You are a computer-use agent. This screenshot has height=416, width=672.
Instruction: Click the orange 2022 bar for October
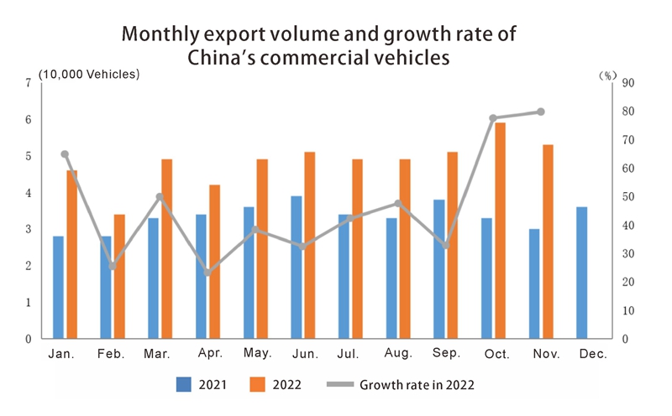500,231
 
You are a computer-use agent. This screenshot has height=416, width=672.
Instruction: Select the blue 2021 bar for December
581,273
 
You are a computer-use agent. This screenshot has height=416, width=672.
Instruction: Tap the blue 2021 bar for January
58,287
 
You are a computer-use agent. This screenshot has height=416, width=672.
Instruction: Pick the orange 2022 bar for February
119,277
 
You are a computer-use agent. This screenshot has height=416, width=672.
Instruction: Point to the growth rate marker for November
541,112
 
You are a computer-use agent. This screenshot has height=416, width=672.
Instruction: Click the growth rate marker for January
65,154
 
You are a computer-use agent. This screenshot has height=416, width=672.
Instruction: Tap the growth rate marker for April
207,273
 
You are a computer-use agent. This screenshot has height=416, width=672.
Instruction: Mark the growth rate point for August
398,203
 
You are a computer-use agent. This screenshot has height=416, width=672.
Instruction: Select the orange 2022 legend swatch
258,385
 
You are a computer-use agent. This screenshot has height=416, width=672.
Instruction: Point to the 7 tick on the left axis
29,83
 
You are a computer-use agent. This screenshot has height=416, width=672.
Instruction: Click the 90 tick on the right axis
627,83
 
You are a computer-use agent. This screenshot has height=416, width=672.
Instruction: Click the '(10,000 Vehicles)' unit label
89,74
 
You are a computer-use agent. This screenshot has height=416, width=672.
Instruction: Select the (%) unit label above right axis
607,75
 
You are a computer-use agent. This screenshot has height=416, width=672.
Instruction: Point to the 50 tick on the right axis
627,197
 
